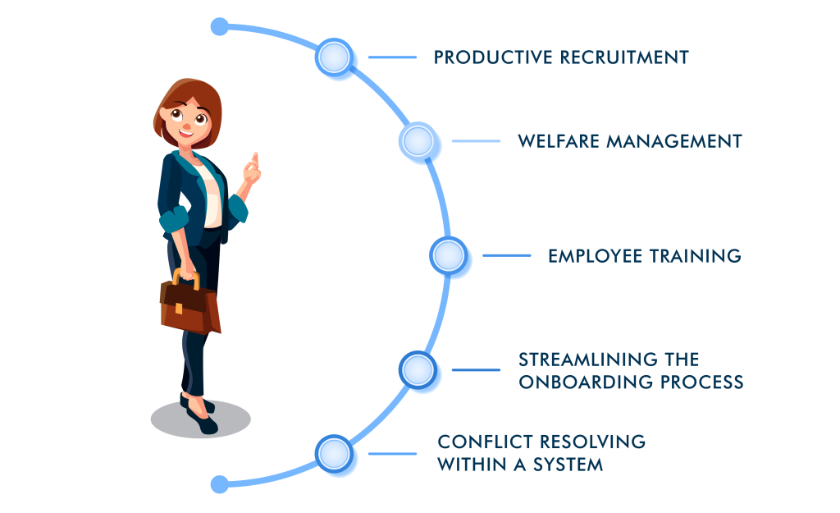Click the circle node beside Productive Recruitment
pyautogui.click(x=334, y=58)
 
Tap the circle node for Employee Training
pyautogui.click(x=449, y=256)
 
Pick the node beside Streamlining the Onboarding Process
pyautogui.click(x=418, y=369)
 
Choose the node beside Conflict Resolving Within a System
pyautogui.click(x=334, y=453)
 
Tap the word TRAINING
pyautogui.click(x=695, y=256)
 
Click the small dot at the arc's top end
pyautogui.click(x=219, y=27)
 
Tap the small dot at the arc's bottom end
pyautogui.click(x=219, y=484)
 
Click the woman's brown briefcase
pyautogui.click(x=190, y=306)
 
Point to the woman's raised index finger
pyautogui.click(x=255, y=158)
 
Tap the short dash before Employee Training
pyautogui.click(x=506, y=256)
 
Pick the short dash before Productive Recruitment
pyautogui.click(x=392, y=57)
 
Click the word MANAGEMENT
pyautogui.click(x=673, y=141)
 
